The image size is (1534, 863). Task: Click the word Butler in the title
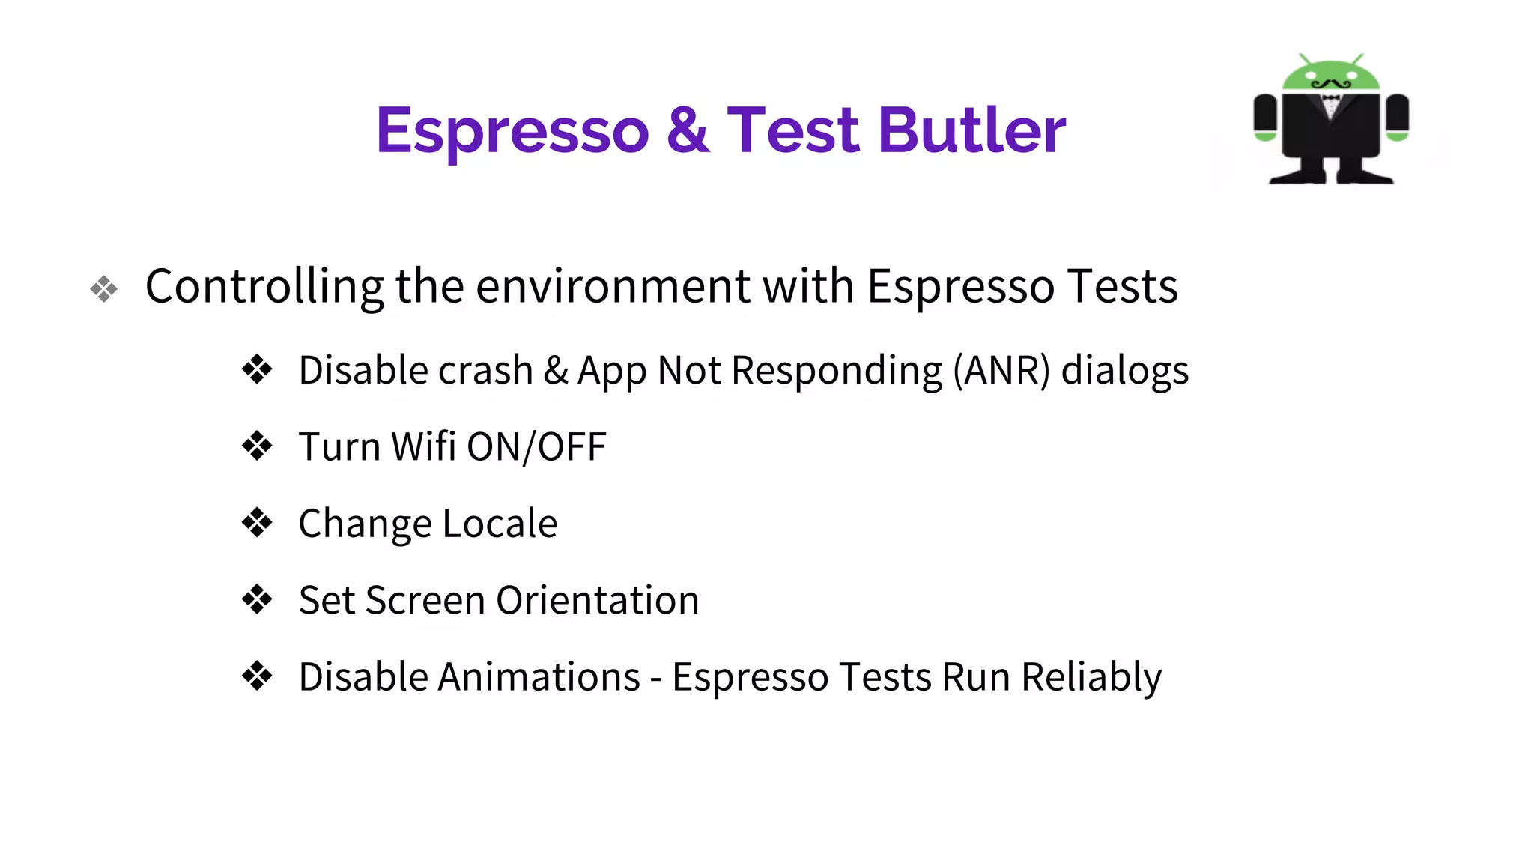(971, 131)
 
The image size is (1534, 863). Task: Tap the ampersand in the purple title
(687, 131)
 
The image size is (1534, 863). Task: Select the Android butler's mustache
(1331, 84)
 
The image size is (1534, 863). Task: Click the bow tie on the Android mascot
(1331, 98)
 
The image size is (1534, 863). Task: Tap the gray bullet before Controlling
(104, 289)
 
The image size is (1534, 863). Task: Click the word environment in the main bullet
(613, 287)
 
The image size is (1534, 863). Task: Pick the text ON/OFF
(536, 447)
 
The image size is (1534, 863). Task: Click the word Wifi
(423, 447)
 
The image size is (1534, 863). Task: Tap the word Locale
(500, 524)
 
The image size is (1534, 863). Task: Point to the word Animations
(539, 677)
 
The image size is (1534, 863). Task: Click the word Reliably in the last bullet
(1091, 678)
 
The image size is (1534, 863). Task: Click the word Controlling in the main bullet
(264, 287)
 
